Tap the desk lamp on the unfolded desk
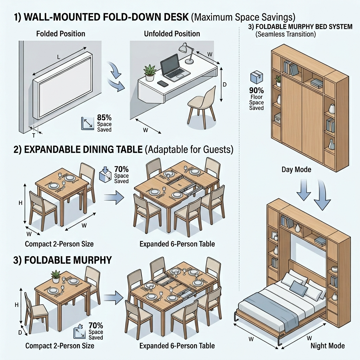coord(186,53)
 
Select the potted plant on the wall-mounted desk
coord(150,72)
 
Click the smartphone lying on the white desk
coord(162,84)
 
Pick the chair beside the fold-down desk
coord(202,104)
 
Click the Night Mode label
coord(327,346)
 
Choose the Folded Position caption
coord(60,34)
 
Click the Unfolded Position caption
coord(172,34)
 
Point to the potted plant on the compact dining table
coord(56,276)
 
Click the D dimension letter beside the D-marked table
coord(20,332)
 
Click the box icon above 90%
coord(256,77)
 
